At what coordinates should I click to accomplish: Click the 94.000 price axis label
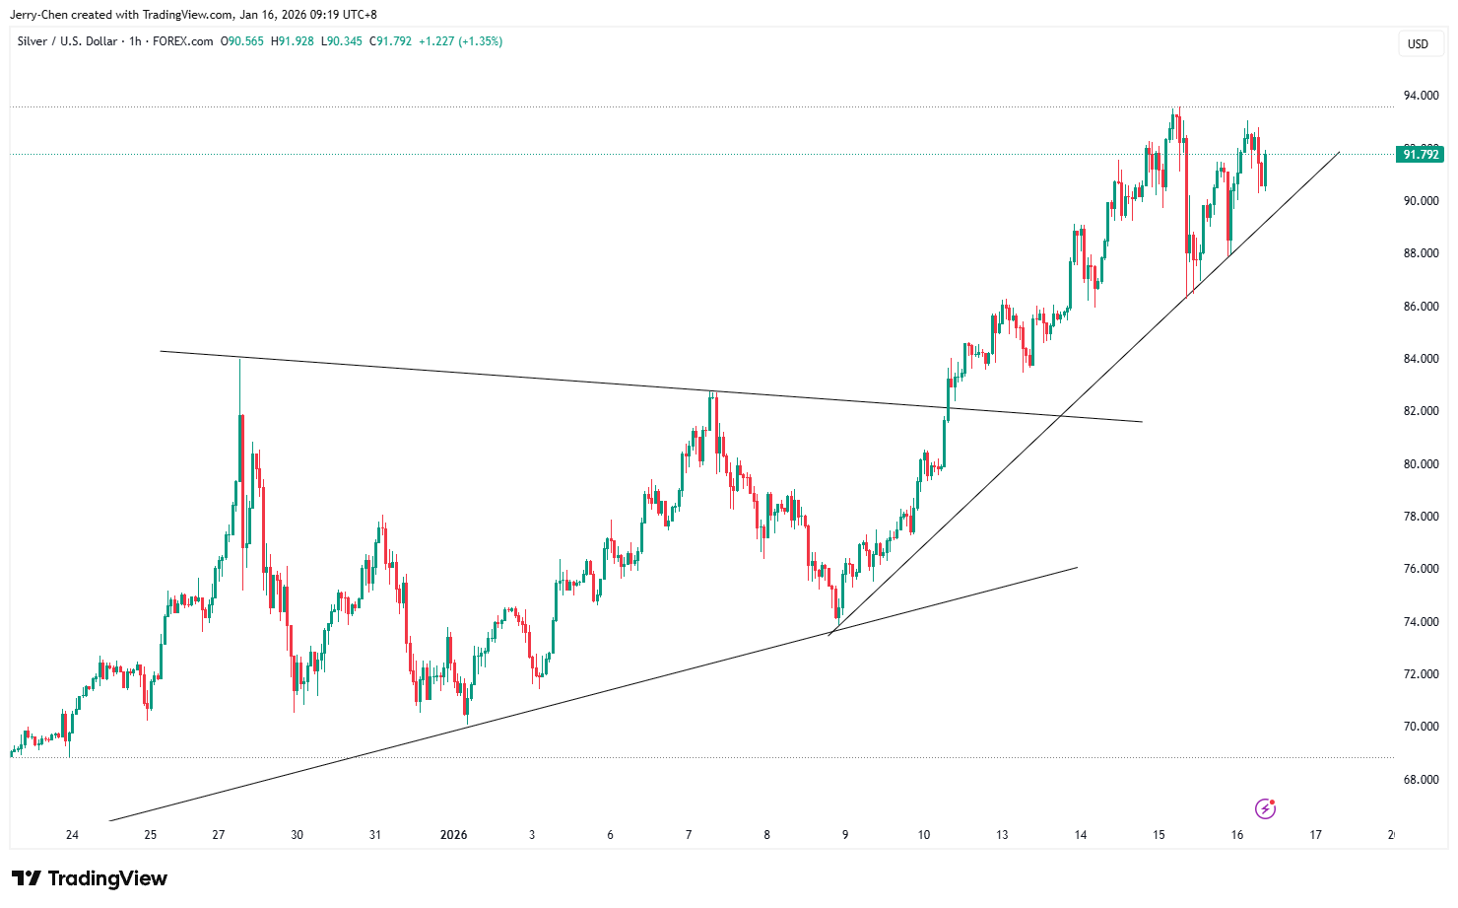click(1421, 96)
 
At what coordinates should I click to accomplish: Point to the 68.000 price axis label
click(1421, 780)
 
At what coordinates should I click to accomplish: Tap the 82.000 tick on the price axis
click(1421, 411)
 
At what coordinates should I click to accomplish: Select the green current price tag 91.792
click(1421, 155)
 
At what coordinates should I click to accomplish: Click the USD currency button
click(1418, 43)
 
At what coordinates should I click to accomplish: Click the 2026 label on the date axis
click(453, 835)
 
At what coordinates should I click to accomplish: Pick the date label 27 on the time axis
click(219, 835)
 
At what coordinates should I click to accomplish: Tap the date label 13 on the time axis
click(1002, 835)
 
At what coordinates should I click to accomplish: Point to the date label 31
click(375, 835)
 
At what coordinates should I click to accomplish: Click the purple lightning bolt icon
click(1266, 809)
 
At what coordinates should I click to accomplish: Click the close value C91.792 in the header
click(390, 41)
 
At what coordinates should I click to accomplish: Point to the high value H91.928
click(292, 41)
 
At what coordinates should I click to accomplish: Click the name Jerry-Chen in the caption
click(37, 15)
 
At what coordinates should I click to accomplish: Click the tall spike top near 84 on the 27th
click(240, 361)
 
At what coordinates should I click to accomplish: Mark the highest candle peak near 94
click(1175, 109)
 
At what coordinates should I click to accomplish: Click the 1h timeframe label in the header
click(135, 41)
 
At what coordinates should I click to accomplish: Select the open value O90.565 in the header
click(241, 41)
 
